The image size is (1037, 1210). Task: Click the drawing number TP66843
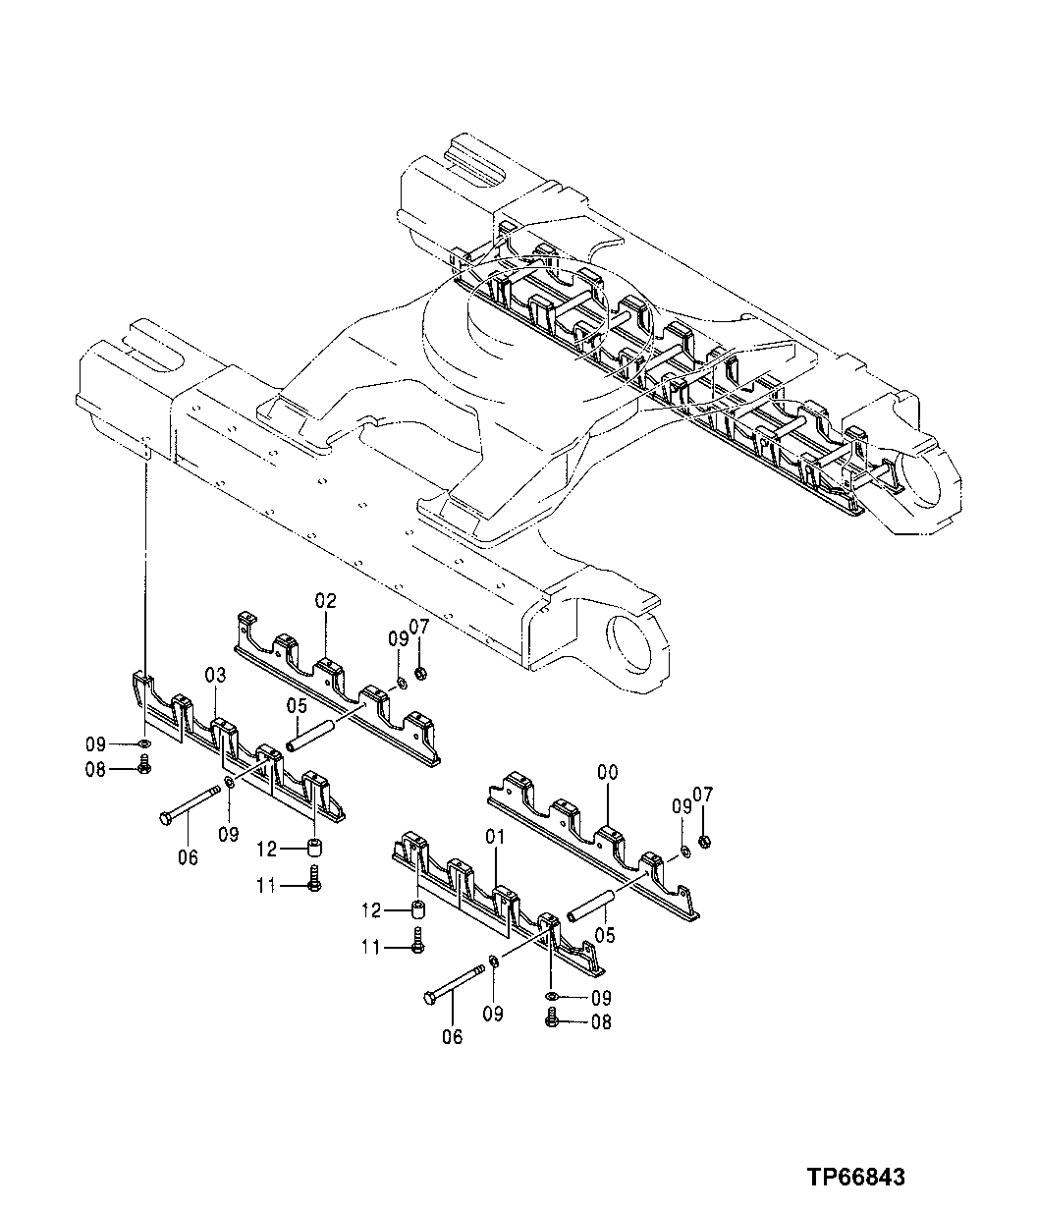[855, 1177]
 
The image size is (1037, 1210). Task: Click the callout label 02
[325, 600]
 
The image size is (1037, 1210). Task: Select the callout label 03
[216, 675]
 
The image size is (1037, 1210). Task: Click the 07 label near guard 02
[419, 627]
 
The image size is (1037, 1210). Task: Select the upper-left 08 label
[96, 770]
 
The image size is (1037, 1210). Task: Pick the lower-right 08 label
[600, 1022]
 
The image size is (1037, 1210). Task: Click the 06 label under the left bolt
[188, 857]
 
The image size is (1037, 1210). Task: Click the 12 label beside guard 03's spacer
[268, 848]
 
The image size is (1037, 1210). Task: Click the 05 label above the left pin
[298, 705]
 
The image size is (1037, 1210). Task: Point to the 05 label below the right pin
[604, 936]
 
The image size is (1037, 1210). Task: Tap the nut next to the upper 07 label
[420, 673]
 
